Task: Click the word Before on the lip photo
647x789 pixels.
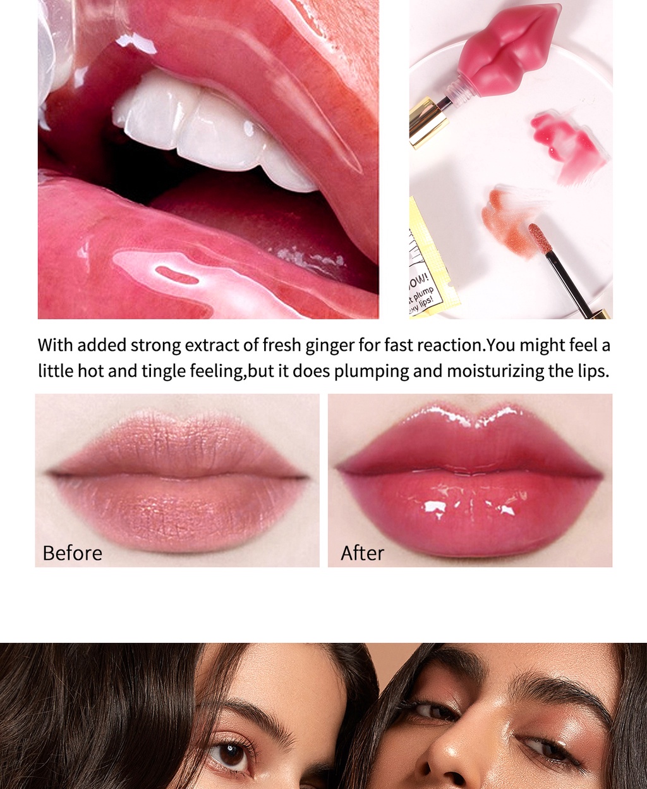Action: pyautogui.click(x=72, y=553)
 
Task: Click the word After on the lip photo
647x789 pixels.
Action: pyautogui.click(x=362, y=553)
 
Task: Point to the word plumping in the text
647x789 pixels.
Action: pyautogui.click(x=372, y=370)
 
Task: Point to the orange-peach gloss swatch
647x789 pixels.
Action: pyautogui.click(x=505, y=218)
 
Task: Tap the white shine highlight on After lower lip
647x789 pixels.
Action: pyautogui.click(x=435, y=506)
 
